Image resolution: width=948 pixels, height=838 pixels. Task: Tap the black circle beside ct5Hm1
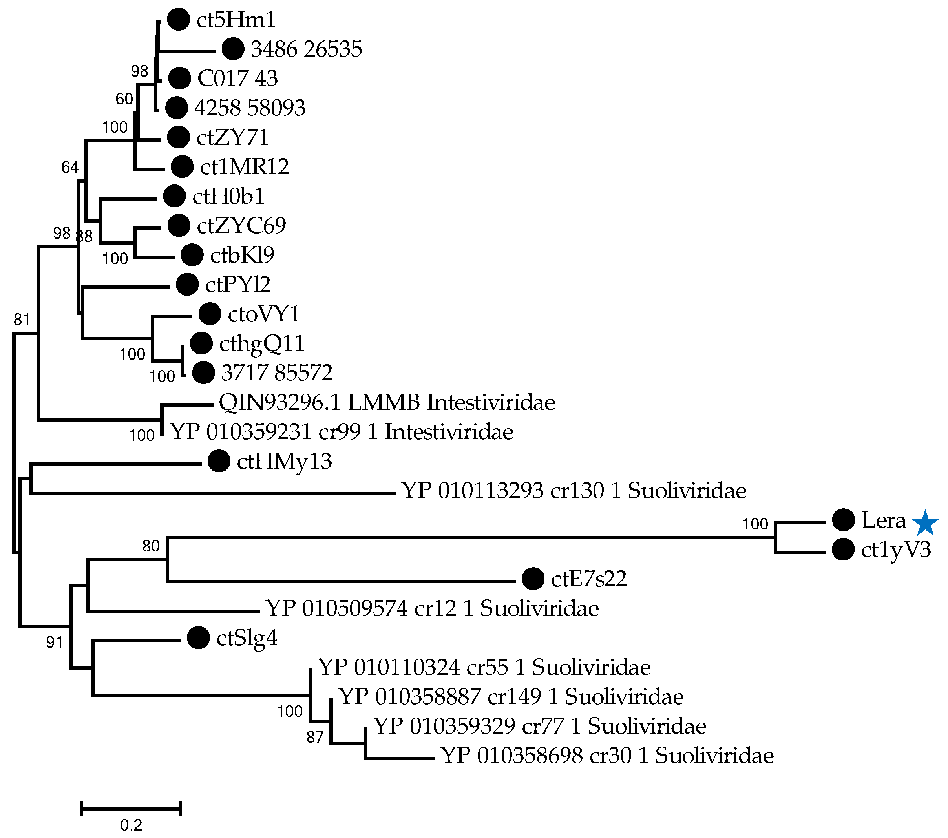coord(178,20)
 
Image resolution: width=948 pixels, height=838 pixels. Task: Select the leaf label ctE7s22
coord(588,579)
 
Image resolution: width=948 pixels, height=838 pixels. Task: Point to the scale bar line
coord(131,808)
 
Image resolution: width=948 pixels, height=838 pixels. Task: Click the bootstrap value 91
coord(54,642)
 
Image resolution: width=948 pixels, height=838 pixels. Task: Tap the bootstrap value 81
coord(22,319)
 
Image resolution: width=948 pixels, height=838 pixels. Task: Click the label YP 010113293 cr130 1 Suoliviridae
coord(574,491)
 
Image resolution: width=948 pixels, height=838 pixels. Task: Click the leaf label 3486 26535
coord(306,49)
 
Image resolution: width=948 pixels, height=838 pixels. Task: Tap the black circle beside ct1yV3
coord(843,550)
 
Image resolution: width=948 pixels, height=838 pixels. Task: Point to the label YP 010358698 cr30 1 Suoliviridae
coord(607,756)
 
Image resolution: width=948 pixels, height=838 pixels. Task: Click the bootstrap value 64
coord(70,167)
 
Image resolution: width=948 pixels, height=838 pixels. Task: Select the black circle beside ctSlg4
coord(199,638)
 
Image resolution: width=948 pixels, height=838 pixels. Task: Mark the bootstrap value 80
coord(151,546)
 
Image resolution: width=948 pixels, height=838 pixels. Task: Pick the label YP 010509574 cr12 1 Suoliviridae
coord(432,608)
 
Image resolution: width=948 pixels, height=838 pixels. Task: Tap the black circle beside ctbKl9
coord(192,255)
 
